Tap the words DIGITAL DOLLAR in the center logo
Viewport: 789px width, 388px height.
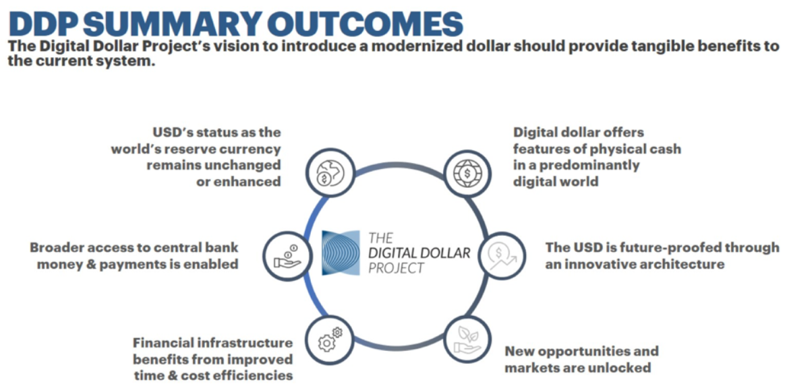(x=419, y=253)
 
